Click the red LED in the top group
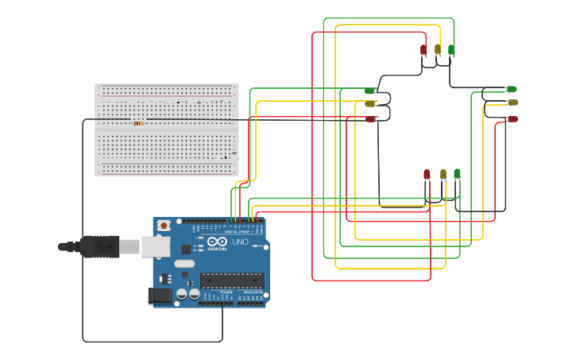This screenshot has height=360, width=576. click(x=423, y=50)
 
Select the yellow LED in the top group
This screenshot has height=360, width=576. click(x=438, y=49)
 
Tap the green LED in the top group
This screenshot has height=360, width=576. click(x=451, y=50)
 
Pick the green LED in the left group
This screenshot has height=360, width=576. click(x=369, y=91)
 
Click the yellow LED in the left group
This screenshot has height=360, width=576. click(x=369, y=103)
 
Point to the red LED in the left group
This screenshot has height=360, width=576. click(x=370, y=118)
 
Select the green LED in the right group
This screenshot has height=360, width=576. click(x=512, y=89)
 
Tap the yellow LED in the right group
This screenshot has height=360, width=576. click(x=512, y=103)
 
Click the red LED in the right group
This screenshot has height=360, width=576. click(x=512, y=119)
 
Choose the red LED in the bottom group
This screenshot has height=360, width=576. click(x=427, y=174)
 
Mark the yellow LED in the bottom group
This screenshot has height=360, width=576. click(x=443, y=174)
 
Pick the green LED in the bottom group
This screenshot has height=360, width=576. click(x=457, y=173)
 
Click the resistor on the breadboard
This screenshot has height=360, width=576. click(x=138, y=123)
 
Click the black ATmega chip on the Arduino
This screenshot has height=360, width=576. click(x=232, y=279)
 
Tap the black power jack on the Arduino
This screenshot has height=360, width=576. click(x=160, y=296)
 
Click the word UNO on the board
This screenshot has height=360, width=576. click(x=240, y=242)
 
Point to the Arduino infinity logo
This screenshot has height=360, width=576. click(x=218, y=241)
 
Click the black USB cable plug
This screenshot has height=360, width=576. click(x=99, y=246)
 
